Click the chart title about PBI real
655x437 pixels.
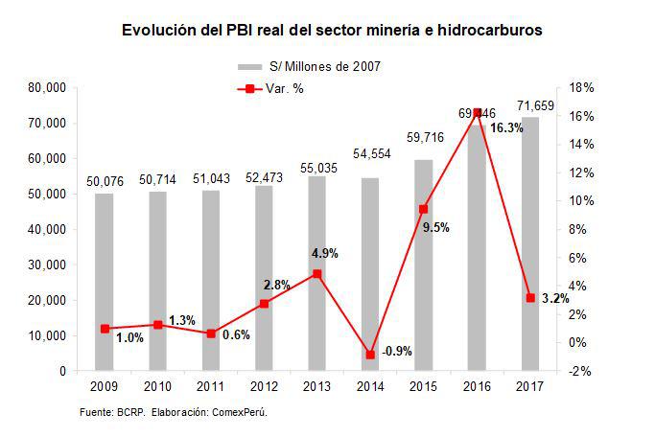(332, 31)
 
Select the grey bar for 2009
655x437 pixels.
(104, 283)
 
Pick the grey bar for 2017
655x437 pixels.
(530, 244)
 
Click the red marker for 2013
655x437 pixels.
(316, 274)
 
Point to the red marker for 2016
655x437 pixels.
(478, 112)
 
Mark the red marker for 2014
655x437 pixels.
(370, 355)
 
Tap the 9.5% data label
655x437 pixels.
(435, 227)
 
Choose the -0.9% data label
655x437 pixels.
(396, 352)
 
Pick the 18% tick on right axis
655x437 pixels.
(581, 88)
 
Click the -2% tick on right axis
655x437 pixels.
(581, 371)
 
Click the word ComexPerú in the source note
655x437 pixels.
(237, 412)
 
